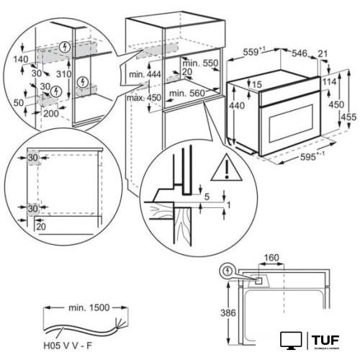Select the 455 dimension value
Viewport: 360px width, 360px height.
(x=348, y=117)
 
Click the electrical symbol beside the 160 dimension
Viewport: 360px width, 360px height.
(x=231, y=272)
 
